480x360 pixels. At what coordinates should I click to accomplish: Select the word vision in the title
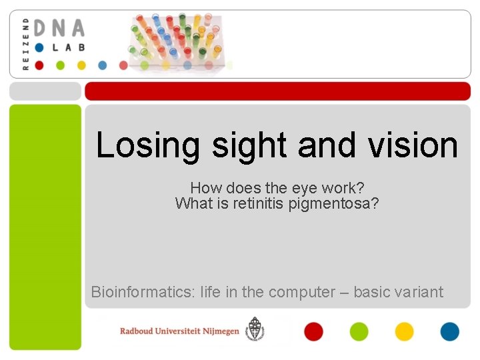(413, 145)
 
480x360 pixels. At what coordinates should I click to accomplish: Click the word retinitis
(259, 203)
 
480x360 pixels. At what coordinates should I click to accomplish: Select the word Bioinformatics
(139, 292)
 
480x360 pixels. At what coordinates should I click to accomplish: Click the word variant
(417, 292)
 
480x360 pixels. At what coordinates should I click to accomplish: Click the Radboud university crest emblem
(254, 329)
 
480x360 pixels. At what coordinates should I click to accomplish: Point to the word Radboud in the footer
(141, 331)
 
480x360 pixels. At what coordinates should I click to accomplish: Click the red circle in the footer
(313, 331)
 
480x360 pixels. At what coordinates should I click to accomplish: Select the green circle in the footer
(359, 331)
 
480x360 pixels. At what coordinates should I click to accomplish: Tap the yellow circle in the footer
(404, 331)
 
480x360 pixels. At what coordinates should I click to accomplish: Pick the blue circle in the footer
(449, 331)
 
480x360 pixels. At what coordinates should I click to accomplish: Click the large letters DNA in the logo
(59, 29)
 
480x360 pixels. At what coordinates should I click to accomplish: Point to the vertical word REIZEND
(26, 44)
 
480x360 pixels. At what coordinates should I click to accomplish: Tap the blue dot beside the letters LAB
(39, 47)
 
